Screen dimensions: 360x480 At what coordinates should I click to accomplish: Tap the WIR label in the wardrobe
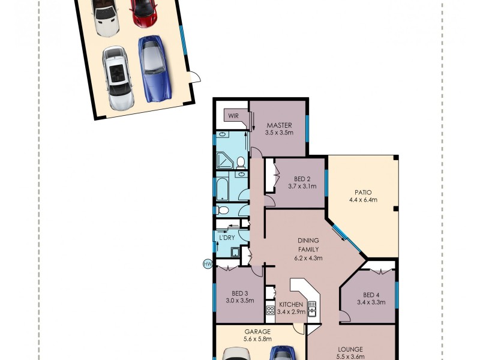pyautogui.click(x=233, y=115)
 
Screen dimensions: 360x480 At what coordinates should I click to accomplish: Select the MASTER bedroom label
pyautogui.click(x=279, y=125)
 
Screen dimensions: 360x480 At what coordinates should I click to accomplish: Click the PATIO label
pyautogui.click(x=363, y=192)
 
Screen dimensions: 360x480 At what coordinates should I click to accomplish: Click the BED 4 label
pyautogui.click(x=371, y=295)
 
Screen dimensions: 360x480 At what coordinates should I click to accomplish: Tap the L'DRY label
pyautogui.click(x=227, y=238)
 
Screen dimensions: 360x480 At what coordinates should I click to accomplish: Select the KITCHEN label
pyautogui.click(x=291, y=305)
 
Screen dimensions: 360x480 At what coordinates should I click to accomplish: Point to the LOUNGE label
pyautogui.click(x=350, y=349)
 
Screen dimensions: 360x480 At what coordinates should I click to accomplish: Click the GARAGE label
pyautogui.click(x=257, y=331)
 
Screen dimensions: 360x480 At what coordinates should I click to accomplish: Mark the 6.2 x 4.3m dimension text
pyautogui.click(x=308, y=259)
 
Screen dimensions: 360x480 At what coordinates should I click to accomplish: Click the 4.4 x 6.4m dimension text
pyautogui.click(x=363, y=200)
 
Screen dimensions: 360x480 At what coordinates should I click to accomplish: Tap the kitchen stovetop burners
pyautogui.click(x=270, y=311)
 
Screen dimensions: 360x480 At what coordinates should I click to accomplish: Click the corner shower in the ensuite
pyautogui.click(x=224, y=160)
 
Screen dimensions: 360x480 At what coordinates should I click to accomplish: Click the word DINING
pyautogui.click(x=308, y=242)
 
